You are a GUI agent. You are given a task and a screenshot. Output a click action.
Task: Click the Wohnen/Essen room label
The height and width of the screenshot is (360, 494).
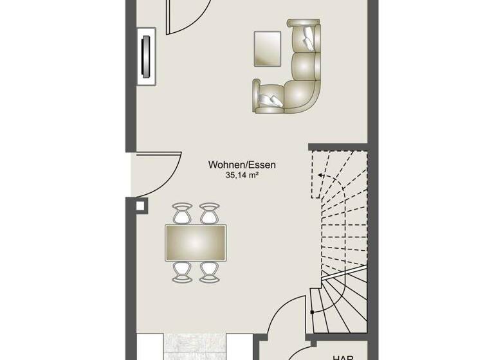pos(242,165)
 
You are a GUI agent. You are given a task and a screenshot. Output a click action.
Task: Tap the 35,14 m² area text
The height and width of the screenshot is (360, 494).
pos(242,175)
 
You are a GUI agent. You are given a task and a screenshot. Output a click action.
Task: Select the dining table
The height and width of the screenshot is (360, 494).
pos(196,242)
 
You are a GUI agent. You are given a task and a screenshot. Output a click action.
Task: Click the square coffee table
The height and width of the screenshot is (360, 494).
pos(268,48)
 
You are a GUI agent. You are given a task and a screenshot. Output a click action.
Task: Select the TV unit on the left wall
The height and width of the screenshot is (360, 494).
pos(147,55)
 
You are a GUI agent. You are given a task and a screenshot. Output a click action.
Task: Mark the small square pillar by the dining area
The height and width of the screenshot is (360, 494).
pos(141,206)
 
